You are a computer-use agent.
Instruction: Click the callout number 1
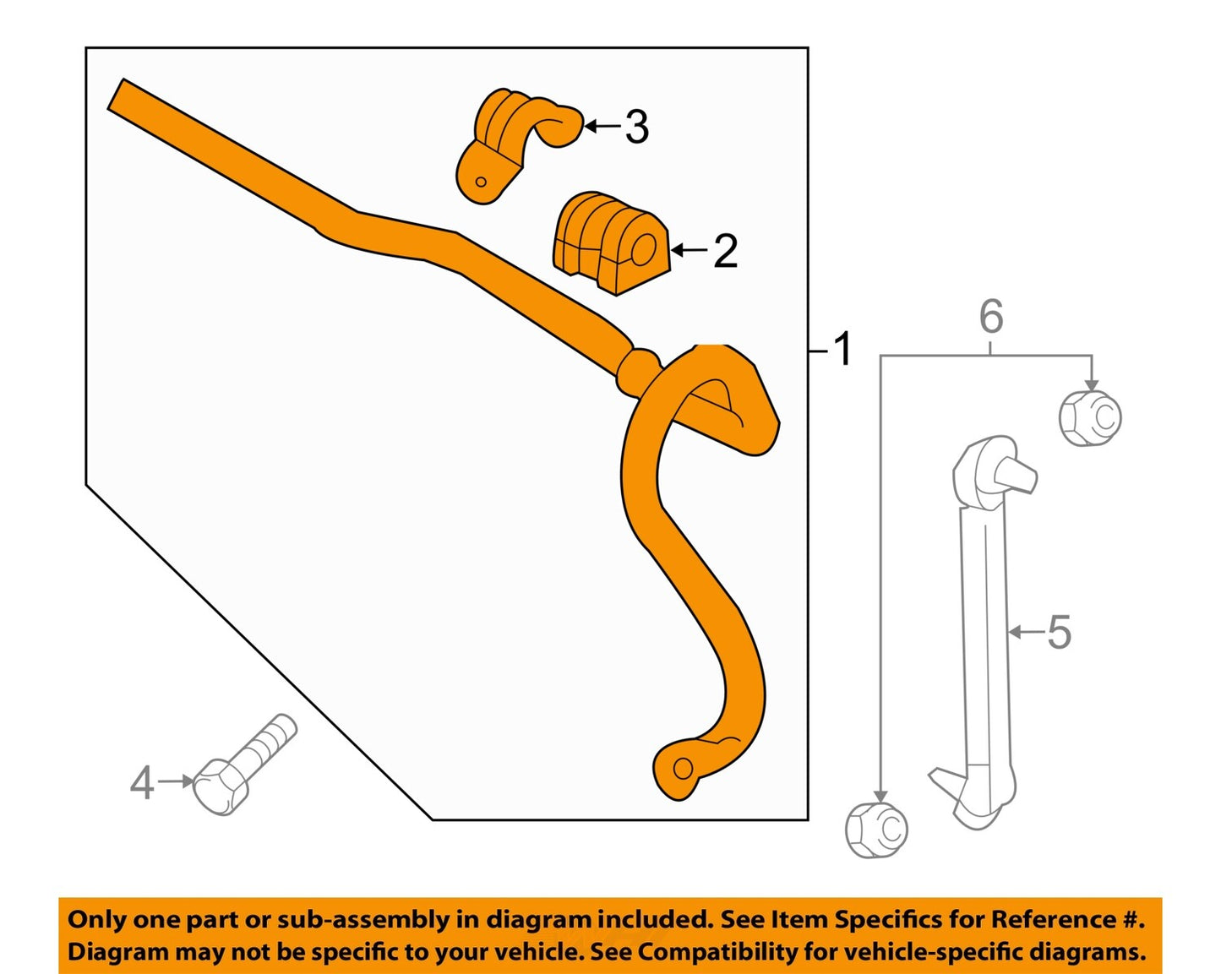(x=842, y=349)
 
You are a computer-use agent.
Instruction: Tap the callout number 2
(x=725, y=251)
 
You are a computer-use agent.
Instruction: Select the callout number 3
(x=636, y=128)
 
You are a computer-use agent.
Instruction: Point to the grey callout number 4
(x=142, y=783)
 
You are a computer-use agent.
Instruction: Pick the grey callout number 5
(x=1059, y=632)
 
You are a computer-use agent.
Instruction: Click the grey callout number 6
(x=991, y=317)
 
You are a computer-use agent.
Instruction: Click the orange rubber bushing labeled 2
(x=610, y=243)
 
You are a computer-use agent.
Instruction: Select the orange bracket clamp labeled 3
(x=507, y=144)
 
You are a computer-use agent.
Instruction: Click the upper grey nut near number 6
(x=1090, y=416)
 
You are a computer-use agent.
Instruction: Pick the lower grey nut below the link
(x=876, y=830)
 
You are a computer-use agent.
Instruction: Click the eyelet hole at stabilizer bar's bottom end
(x=683, y=769)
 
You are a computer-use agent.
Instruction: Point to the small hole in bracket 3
(x=481, y=182)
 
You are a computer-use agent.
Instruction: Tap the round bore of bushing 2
(x=644, y=249)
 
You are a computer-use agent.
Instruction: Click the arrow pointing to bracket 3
(x=602, y=127)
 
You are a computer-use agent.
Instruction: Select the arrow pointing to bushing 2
(x=689, y=250)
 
